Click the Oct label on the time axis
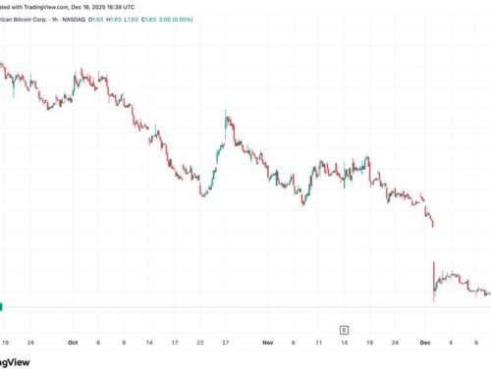click(x=73, y=344)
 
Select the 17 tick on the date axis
click(x=174, y=344)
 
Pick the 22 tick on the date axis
click(x=199, y=344)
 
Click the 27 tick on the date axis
click(x=225, y=344)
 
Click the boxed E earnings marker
click(x=345, y=329)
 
